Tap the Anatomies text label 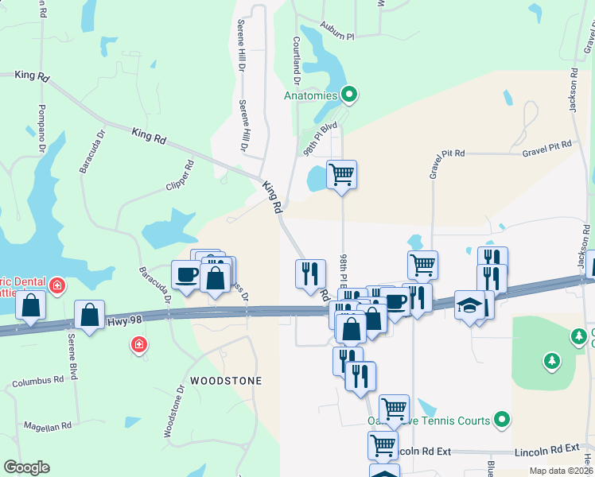click(311, 96)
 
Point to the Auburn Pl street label click(338, 37)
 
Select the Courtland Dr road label click(295, 60)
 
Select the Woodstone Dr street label click(173, 410)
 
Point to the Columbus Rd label click(37, 382)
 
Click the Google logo click(26, 467)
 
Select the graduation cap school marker click(469, 305)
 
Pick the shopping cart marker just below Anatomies click(341, 173)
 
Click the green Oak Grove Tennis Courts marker click(502, 418)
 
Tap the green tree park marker click(551, 362)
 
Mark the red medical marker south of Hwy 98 click(138, 344)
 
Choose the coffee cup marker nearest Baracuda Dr click(186, 275)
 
